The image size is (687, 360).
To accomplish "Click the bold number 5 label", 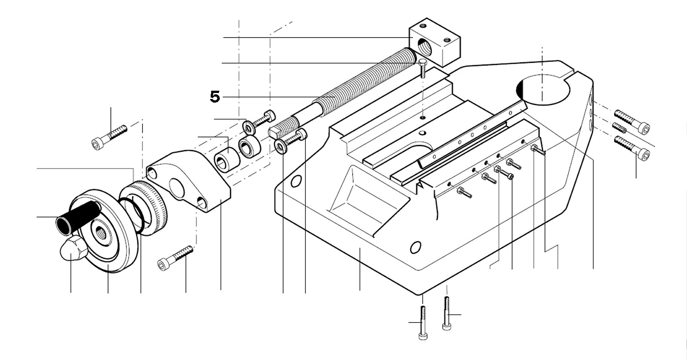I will [x=215, y=97].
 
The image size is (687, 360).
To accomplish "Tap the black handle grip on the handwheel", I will [x=78, y=216].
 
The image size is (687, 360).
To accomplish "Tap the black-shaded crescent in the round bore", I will [x=520, y=89].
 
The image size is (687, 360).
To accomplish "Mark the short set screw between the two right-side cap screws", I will [x=619, y=127].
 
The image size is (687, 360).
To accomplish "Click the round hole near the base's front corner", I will [x=415, y=248].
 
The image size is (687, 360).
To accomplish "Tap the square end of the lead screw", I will [x=275, y=132].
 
